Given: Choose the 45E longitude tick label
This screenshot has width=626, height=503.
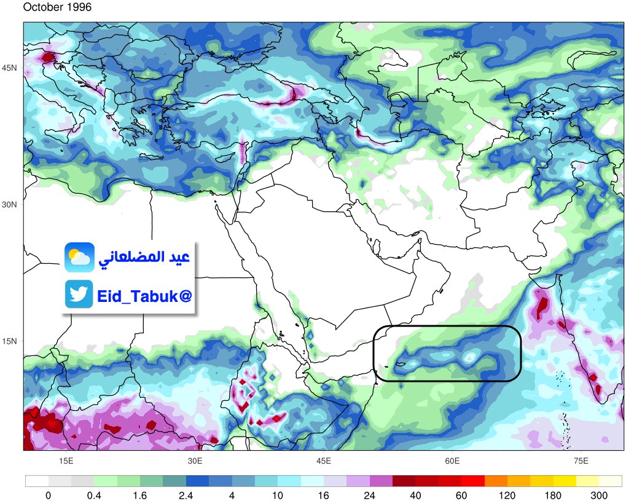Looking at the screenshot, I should (x=324, y=461).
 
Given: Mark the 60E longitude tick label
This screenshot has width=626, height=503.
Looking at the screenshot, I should (x=453, y=461).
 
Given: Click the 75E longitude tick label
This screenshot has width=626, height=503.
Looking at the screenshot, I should (x=581, y=461).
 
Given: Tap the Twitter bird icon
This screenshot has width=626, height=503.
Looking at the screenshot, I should (x=79, y=294).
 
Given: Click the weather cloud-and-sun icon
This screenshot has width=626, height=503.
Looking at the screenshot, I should (x=79, y=257).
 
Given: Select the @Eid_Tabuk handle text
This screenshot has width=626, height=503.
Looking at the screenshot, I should (x=144, y=296).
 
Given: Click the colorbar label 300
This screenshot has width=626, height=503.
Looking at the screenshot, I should (x=599, y=496).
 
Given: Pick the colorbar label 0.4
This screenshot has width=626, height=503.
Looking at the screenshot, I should (x=94, y=496).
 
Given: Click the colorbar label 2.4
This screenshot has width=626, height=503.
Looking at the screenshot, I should (x=186, y=496).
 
